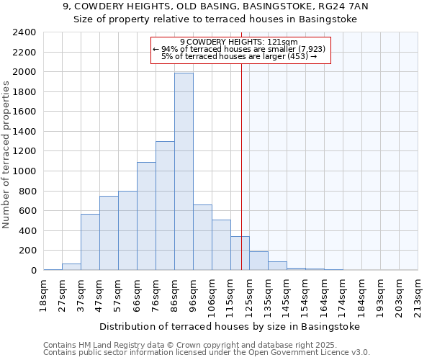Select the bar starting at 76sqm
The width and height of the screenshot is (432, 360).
(165, 205)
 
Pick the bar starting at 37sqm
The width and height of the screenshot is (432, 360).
(90, 242)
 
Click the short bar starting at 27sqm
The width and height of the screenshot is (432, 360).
(71, 266)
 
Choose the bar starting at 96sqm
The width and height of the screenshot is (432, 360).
(202, 237)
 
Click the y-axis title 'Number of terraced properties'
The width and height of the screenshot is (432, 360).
(7, 155)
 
